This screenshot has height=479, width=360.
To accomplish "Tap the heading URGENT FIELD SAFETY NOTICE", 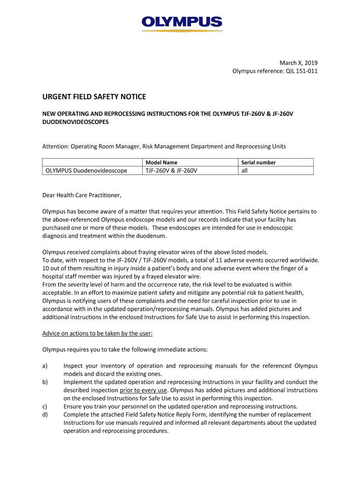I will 94,97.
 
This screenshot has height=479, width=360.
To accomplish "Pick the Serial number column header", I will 258,163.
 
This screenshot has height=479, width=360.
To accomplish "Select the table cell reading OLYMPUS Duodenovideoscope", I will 86,171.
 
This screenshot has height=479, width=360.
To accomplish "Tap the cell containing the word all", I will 245,171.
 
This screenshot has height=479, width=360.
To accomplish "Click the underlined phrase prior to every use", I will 144,390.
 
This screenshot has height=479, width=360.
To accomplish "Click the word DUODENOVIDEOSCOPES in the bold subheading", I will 76,122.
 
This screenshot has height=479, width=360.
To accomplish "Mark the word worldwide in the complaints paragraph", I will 305,260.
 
